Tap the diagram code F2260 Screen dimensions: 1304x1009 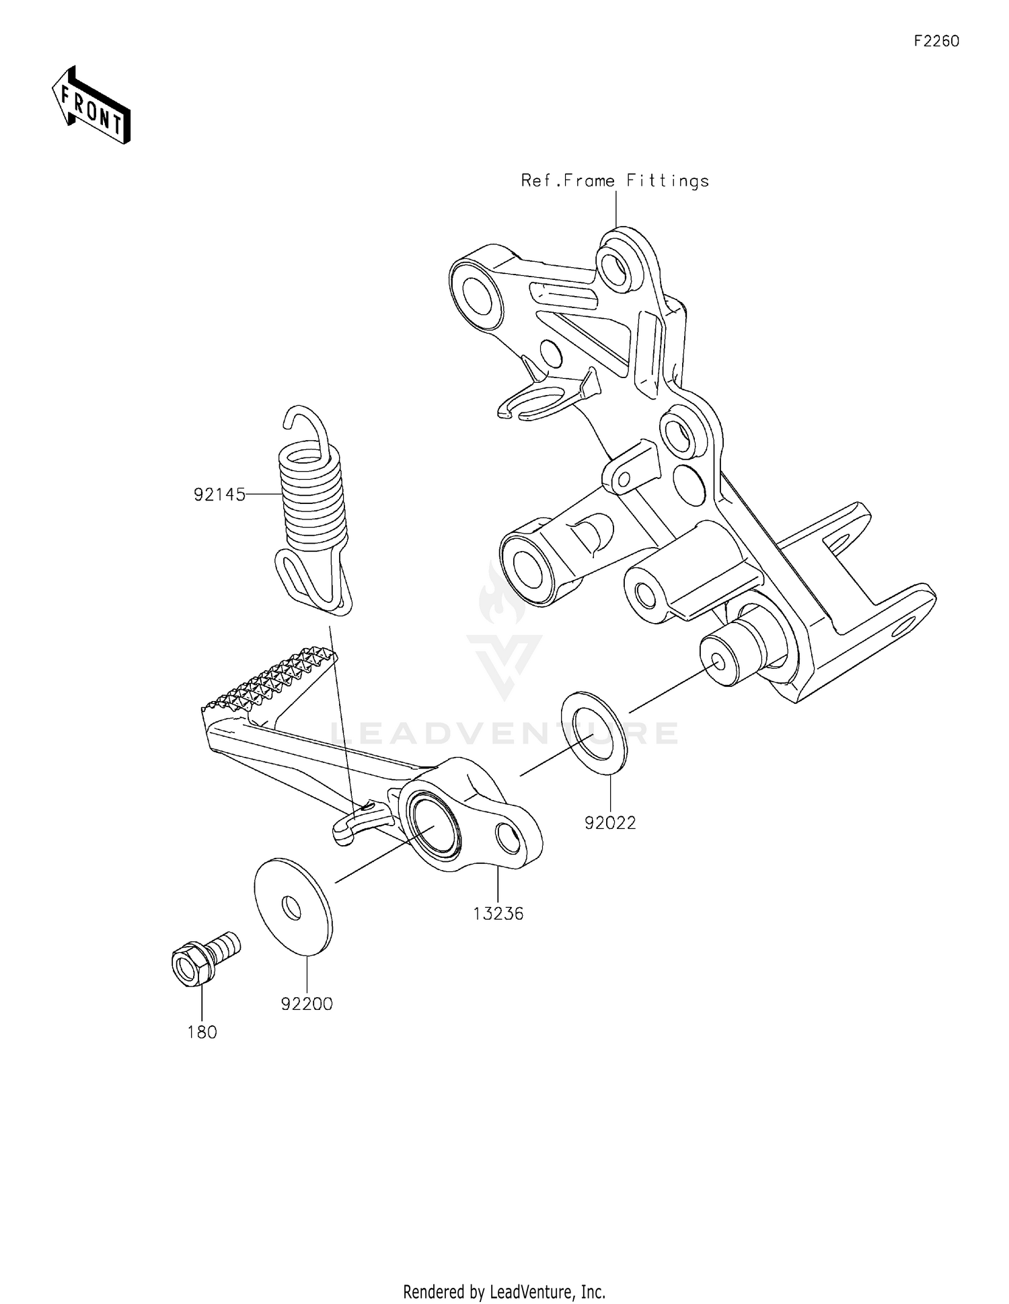936,41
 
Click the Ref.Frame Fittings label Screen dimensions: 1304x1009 615,181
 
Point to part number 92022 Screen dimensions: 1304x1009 610,823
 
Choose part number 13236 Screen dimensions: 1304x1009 498,914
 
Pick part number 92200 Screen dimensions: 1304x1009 307,1004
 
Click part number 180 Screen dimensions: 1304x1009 202,1032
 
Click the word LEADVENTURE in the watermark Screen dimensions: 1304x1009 504,733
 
